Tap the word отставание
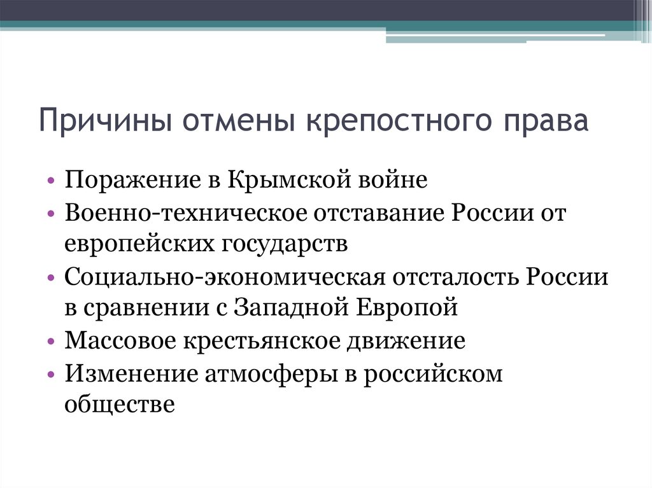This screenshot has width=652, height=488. [x=378, y=213]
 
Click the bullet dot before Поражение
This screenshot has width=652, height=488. [x=51, y=181]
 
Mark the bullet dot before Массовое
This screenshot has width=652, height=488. [x=51, y=342]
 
